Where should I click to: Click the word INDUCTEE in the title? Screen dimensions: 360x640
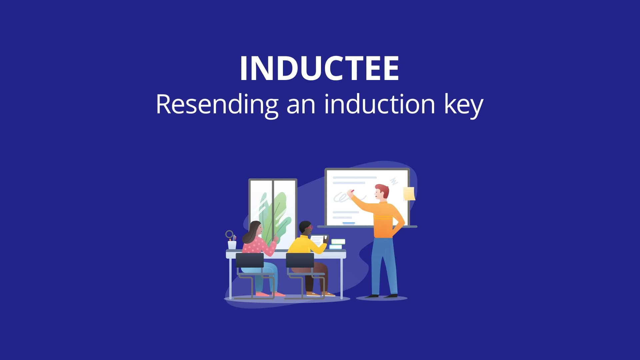tap(319, 68)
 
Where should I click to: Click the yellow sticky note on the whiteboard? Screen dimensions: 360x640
tap(409, 194)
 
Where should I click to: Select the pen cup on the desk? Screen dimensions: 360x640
tap(232, 245)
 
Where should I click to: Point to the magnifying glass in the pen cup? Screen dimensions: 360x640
tap(229, 234)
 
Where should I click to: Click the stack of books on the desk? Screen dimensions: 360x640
tap(337, 244)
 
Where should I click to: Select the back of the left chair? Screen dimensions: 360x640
tap(250, 260)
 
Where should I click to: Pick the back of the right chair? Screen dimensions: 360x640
tap(300, 260)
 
